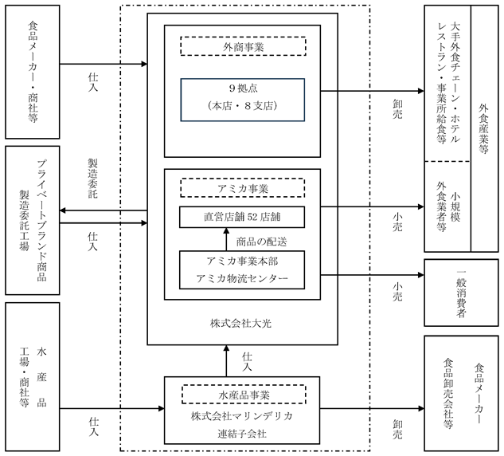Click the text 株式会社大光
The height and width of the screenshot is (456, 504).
pos(240,323)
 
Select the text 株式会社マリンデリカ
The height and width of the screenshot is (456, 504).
pos(242,416)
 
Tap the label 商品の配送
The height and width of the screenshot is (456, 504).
pos(262,242)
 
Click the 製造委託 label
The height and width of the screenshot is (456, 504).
pos(93,179)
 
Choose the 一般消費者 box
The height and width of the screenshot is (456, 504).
pos(461,293)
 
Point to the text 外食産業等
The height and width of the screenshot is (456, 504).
pos(483,128)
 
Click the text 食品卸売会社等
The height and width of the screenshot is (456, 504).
pos(448,393)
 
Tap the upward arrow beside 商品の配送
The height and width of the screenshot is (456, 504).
pos(226,239)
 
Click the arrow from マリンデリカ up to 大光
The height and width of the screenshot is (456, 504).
pos(226,361)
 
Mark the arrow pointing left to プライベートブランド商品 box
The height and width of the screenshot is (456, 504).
pos(104,210)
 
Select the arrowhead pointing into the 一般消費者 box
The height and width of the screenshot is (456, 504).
pos(421,275)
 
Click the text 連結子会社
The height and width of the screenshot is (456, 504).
pos(242,434)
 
